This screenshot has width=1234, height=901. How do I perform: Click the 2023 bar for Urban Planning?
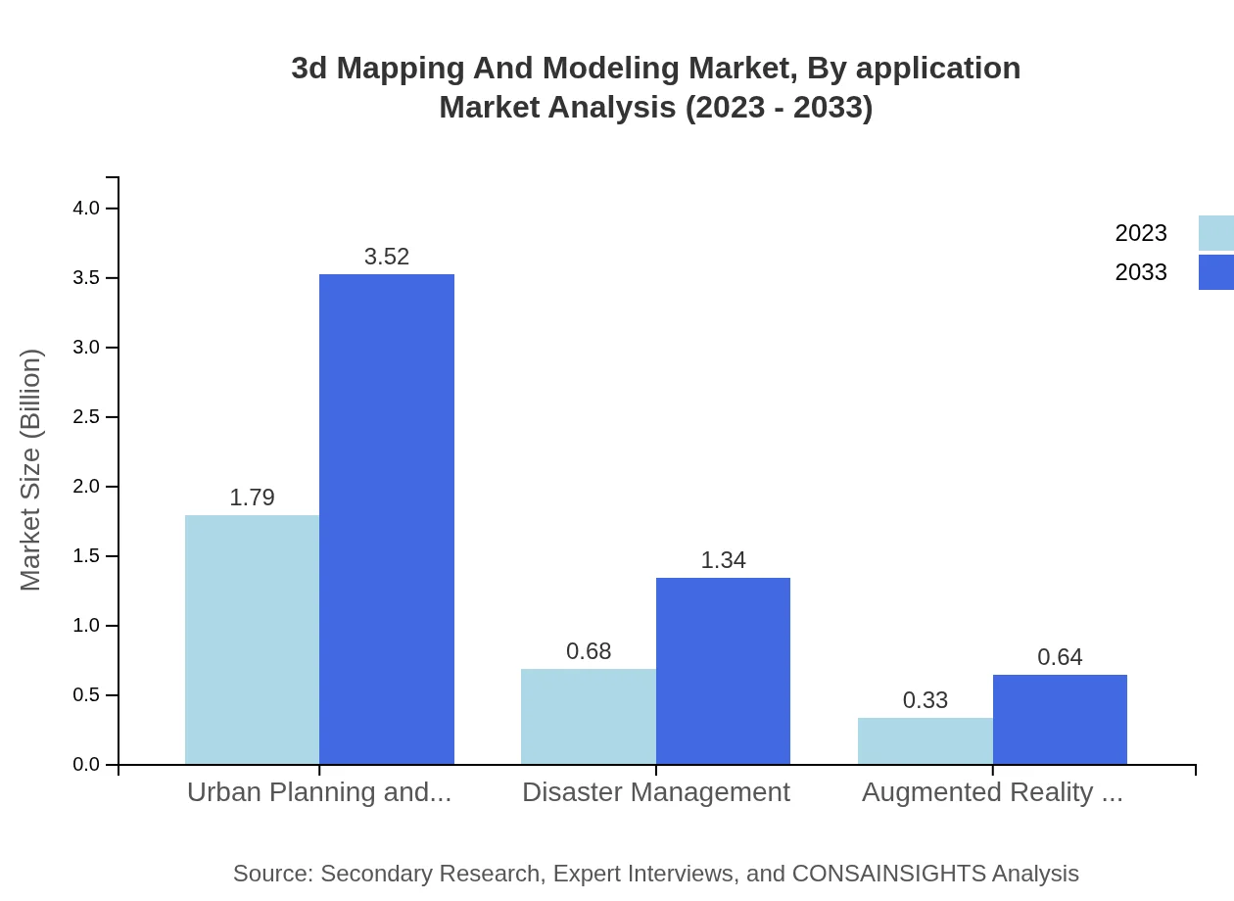[x=252, y=640]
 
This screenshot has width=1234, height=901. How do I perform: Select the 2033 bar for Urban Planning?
[x=387, y=519]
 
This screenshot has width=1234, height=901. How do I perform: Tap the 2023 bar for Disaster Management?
[x=589, y=716]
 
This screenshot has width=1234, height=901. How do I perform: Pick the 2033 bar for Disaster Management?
[x=723, y=671]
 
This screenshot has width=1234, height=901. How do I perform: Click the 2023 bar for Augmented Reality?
[x=925, y=740]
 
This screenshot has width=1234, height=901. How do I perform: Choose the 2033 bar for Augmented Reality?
[x=1060, y=719]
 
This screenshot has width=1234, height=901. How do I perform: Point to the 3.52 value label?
[x=387, y=257]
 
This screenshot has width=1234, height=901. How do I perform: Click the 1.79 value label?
[x=252, y=498]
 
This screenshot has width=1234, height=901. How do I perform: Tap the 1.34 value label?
[x=723, y=560]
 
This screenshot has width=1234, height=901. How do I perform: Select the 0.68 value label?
[x=589, y=651]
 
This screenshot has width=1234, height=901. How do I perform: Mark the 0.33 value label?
[x=925, y=700]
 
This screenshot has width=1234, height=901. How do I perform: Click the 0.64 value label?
[x=1060, y=657]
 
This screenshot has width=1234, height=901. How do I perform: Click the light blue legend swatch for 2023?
[x=1215, y=233]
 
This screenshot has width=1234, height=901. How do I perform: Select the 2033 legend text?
[x=1141, y=272]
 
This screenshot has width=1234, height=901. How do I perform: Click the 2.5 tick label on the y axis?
[x=87, y=417]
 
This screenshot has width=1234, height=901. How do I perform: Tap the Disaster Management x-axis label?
[x=655, y=792]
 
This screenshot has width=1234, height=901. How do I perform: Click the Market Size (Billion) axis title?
[x=31, y=470]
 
